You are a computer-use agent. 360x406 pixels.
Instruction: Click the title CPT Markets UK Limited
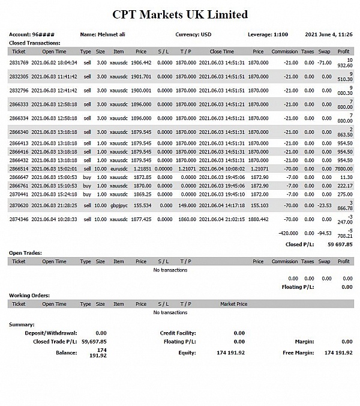tap(180, 14)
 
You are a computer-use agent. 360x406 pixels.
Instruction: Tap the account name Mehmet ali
tap(103, 34)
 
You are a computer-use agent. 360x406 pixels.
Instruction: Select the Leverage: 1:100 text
tap(268, 34)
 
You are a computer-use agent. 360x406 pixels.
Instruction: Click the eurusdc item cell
tap(118, 169)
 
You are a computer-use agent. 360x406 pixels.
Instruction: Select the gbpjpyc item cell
tap(118, 205)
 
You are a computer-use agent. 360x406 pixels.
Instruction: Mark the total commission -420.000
tap(289, 232)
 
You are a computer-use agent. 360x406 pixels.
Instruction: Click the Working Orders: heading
tap(29, 295)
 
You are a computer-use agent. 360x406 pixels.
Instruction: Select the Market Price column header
tap(233, 304)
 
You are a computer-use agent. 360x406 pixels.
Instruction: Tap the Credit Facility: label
tap(178, 333)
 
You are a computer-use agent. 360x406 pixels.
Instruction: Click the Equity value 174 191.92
tap(230, 353)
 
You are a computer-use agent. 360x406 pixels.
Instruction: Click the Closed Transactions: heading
tap(34, 43)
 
